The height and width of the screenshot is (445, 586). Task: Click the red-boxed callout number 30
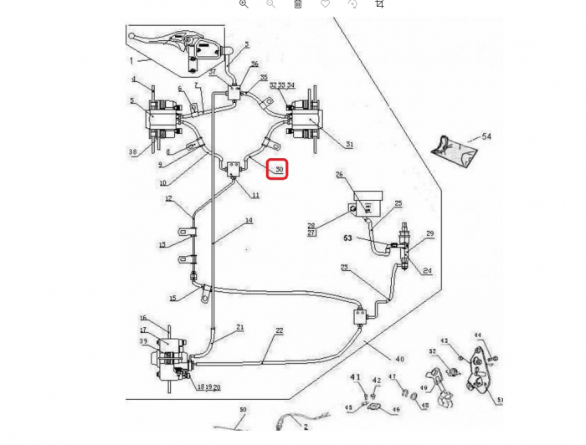(277, 169)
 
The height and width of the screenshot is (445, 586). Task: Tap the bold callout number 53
(347, 238)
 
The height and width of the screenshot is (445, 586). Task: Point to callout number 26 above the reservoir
(340, 175)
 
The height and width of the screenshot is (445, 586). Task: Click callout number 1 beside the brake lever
(131, 60)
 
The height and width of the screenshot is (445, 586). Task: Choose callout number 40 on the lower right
(399, 359)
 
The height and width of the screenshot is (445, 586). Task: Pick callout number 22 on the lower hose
(279, 330)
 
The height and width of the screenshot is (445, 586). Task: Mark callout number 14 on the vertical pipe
(249, 221)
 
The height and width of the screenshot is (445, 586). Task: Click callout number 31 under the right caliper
(349, 145)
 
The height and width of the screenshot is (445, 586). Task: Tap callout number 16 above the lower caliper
(143, 318)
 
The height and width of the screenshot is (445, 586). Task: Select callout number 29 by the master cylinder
(429, 233)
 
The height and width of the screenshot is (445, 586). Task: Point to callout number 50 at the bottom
(243, 409)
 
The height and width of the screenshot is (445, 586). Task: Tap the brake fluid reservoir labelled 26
(367, 204)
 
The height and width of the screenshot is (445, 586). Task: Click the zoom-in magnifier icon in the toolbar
(244, 4)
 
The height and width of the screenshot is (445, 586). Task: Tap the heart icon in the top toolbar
(325, 4)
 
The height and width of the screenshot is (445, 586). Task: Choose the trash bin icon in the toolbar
(298, 4)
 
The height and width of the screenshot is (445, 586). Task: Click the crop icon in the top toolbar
(379, 4)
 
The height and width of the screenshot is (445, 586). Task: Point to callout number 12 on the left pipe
(168, 198)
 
